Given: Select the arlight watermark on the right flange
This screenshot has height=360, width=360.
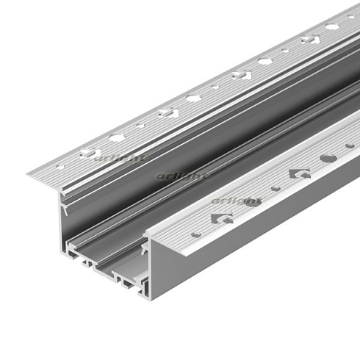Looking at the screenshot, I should (x=237, y=200).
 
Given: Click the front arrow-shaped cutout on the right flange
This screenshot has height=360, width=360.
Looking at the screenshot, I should (x=220, y=217).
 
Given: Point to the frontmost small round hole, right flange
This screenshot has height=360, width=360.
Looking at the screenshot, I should (x=196, y=234).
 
